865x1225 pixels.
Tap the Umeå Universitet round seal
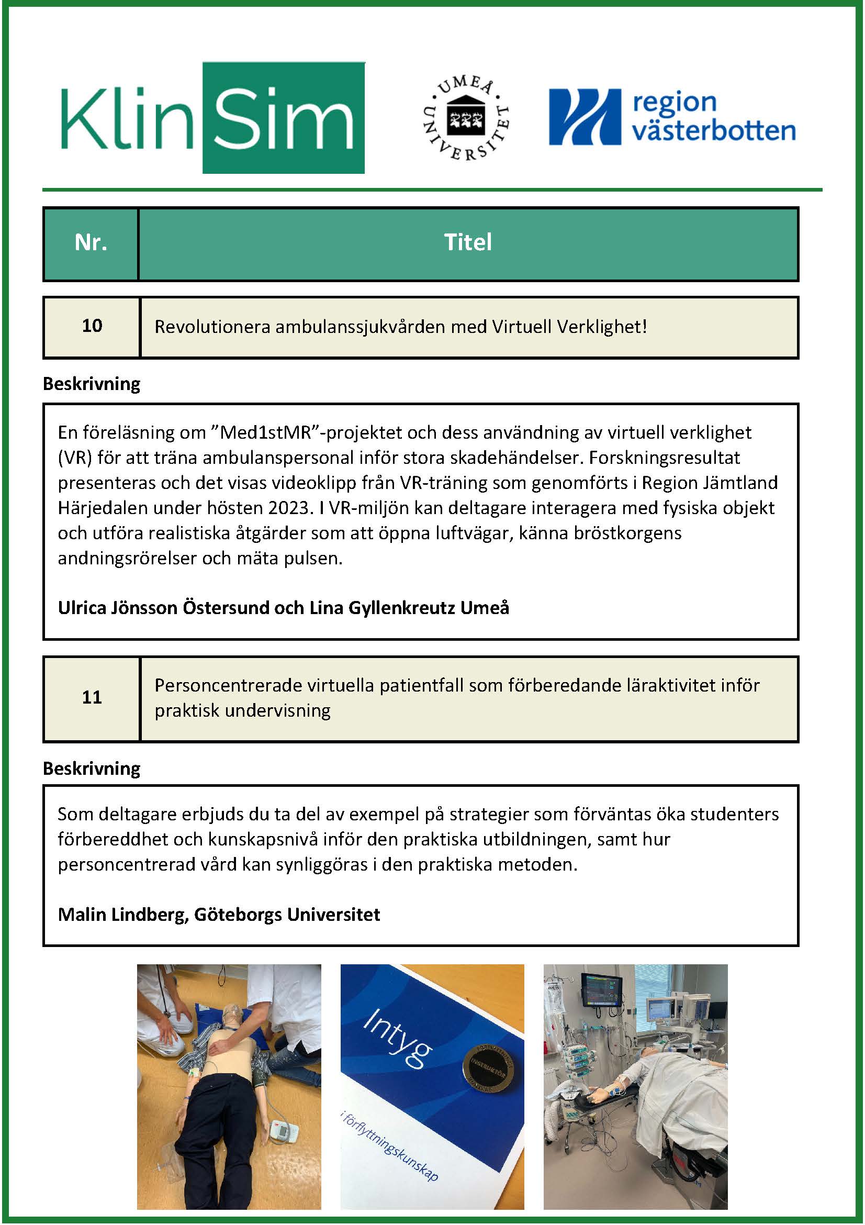(x=466, y=119)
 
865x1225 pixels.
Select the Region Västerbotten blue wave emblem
(x=585, y=117)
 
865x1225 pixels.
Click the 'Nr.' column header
(x=91, y=243)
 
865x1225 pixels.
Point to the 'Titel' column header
(x=468, y=243)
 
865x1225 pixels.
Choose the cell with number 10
(x=92, y=326)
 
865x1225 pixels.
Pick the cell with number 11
(x=92, y=698)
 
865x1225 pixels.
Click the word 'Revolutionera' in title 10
(x=212, y=327)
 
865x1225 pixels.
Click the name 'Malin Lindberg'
(x=122, y=915)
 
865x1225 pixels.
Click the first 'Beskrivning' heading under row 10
(x=91, y=384)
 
